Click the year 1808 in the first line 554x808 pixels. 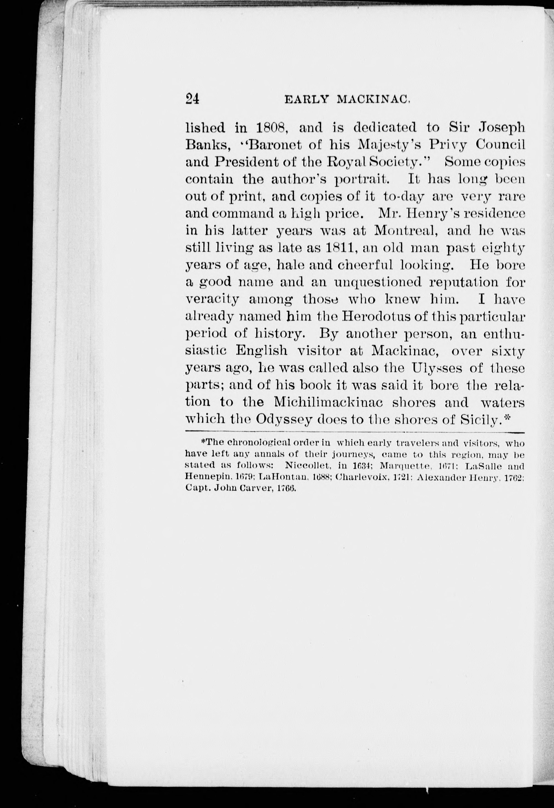click(x=271, y=128)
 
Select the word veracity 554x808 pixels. click(x=212, y=299)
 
